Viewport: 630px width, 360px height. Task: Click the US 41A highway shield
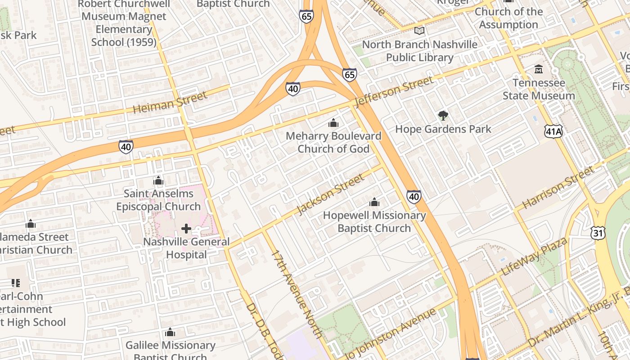553,131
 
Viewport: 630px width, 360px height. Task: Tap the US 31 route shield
598,233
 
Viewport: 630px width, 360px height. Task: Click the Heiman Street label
171,102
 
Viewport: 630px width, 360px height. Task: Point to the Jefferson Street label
394,92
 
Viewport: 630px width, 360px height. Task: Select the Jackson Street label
331,194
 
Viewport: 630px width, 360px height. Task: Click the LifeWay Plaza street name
535,256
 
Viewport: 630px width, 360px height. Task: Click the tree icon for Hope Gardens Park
443,116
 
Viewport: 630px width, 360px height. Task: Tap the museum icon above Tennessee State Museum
539,69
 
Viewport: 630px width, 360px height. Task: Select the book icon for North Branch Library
419,31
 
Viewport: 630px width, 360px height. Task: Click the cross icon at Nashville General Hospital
186,229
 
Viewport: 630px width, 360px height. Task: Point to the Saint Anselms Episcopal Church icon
158,181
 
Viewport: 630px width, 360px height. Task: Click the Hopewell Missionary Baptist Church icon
374,202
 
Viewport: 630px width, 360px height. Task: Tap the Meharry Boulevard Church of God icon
333,123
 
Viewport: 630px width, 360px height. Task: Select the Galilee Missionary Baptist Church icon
170,333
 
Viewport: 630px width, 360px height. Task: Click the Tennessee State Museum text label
539,90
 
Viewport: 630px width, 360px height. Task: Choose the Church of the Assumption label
508,18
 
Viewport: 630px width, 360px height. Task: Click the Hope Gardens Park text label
443,129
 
